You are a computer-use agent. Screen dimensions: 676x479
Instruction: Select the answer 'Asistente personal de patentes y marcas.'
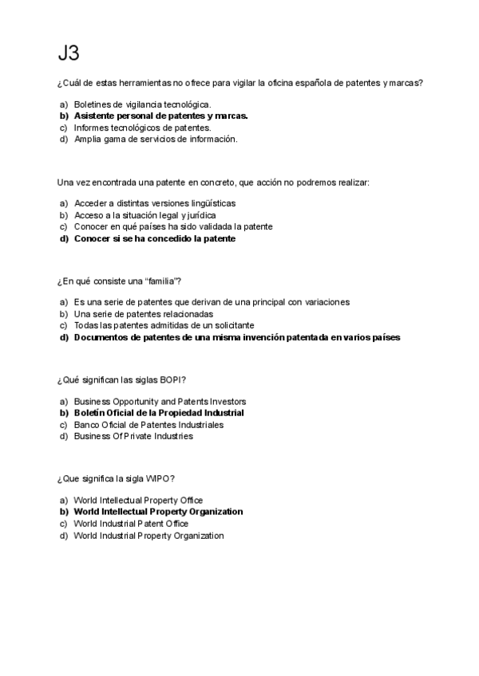pos(160,116)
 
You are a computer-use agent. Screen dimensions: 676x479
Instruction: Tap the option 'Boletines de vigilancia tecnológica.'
pos(142,104)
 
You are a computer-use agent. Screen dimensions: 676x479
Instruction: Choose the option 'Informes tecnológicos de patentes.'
pos(142,127)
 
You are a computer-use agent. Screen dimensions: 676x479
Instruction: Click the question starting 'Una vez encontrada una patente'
pos(213,183)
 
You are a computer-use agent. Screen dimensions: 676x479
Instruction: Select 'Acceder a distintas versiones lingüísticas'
pos(154,203)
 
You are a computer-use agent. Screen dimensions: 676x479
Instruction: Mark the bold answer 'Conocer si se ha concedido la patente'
pos(155,238)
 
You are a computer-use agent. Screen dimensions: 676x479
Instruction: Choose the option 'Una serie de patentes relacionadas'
pos(144,313)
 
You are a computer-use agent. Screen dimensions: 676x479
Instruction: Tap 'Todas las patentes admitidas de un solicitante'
pos(164,325)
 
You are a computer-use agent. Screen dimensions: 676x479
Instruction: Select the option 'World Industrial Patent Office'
pos(131,524)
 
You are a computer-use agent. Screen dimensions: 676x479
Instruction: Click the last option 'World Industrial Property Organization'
pos(148,536)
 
